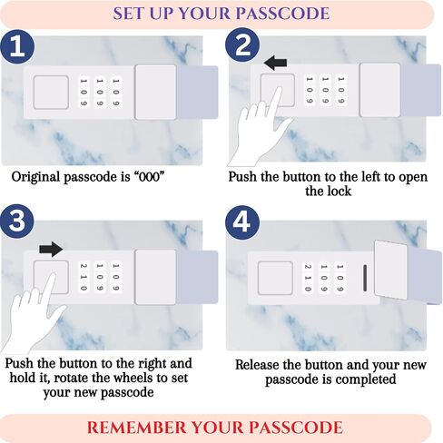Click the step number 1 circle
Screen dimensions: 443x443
(x=17, y=46)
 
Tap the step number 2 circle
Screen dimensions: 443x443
(x=242, y=45)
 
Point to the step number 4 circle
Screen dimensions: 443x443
(x=242, y=222)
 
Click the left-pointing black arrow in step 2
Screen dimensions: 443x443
(x=275, y=63)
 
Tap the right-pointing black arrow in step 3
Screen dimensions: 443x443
(x=51, y=250)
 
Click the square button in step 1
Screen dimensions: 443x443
(x=51, y=93)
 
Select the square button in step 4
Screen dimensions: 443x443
(x=275, y=278)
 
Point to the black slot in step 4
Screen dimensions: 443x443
(x=365, y=278)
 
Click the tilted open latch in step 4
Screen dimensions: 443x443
(x=391, y=271)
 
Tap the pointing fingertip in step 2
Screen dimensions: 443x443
(x=279, y=90)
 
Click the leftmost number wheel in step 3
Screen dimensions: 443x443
(x=84, y=277)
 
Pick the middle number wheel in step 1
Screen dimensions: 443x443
(x=100, y=93)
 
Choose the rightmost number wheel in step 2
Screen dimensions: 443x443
(x=340, y=90)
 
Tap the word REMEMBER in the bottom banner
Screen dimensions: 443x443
(x=136, y=428)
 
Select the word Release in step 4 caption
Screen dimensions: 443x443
(x=256, y=365)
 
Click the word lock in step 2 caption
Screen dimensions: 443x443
(x=339, y=192)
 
